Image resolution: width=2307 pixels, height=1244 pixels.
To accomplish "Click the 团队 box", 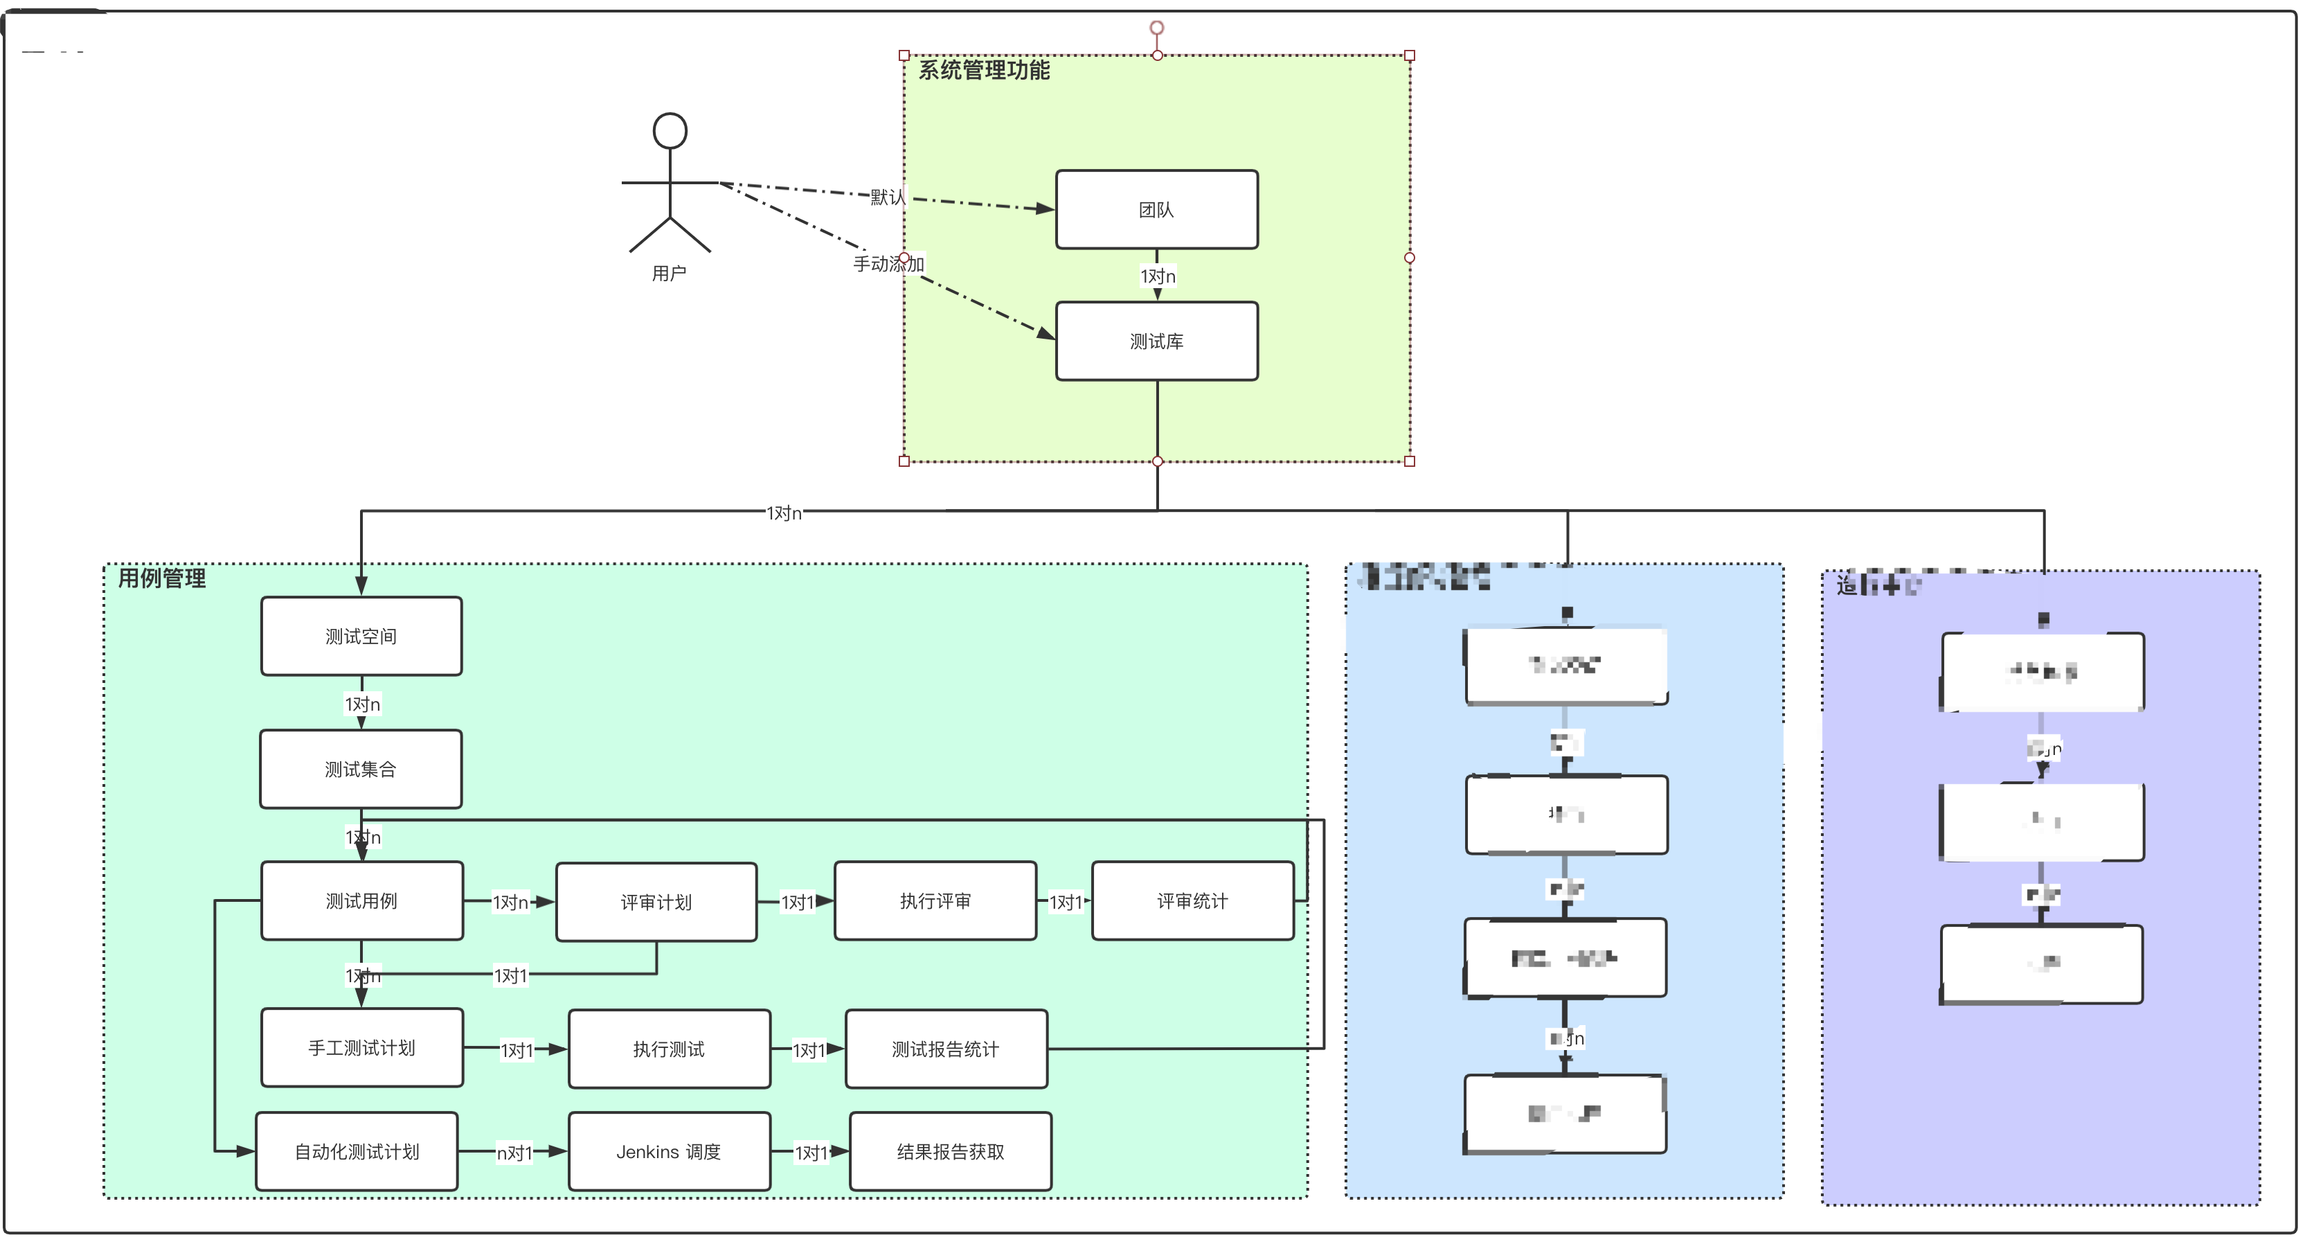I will [x=1156, y=210].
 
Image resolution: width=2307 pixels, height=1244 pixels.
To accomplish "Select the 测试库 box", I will [x=1156, y=341].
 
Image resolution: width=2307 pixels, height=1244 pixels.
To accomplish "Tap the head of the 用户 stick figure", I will [x=670, y=131].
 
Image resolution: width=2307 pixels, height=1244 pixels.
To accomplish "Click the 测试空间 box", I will [x=361, y=636].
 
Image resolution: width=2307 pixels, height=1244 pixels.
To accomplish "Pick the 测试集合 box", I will [x=361, y=768].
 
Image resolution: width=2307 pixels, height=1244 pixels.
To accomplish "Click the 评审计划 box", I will [x=656, y=902].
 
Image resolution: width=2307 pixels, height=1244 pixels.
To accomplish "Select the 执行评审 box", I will [x=935, y=901].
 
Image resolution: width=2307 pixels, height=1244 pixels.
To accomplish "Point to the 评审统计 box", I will [x=1192, y=901].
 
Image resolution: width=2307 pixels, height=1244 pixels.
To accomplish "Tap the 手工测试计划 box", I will [x=361, y=1048].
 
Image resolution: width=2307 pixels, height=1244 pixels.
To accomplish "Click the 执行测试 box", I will [x=669, y=1049].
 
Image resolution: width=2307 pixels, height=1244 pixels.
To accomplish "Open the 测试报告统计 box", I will [x=946, y=1049].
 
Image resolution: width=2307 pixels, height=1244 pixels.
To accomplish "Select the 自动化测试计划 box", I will [x=357, y=1152].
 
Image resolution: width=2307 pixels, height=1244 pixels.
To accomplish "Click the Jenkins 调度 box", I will [x=669, y=1152].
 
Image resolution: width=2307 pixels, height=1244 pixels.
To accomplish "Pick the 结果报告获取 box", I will [x=950, y=1152].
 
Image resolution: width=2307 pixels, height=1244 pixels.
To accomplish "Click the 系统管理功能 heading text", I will [x=983, y=70].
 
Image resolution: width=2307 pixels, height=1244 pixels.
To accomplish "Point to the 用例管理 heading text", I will [x=162, y=578].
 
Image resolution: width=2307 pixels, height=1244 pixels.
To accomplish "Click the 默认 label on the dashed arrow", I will [x=888, y=197].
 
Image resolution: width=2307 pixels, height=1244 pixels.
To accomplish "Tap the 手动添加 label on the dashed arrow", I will [x=888, y=263].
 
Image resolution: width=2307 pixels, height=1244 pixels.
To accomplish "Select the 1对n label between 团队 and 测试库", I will [x=1157, y=276].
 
